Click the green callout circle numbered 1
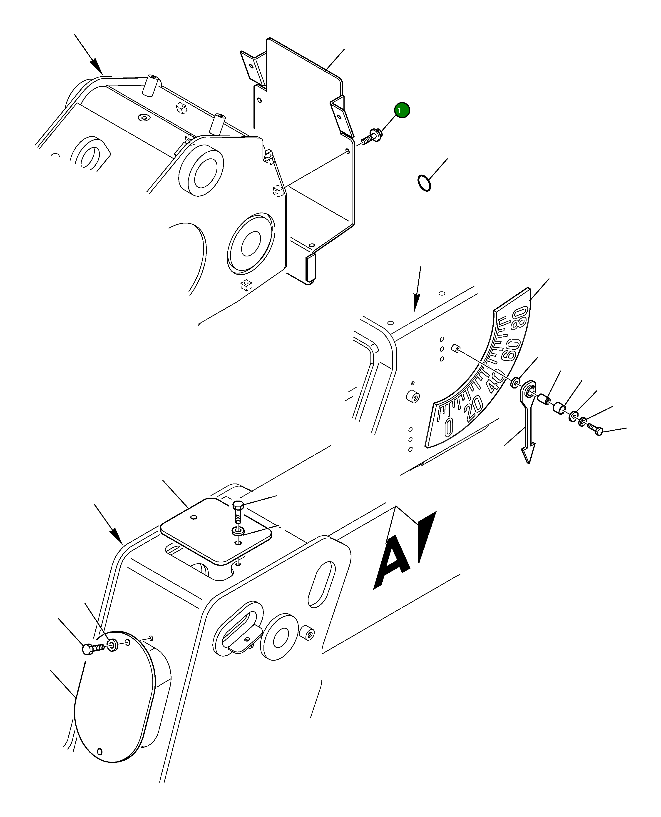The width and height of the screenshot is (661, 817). coord(402,110)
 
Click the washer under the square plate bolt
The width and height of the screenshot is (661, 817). coord(238,531)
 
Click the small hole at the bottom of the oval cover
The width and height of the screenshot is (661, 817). coord(100,752)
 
